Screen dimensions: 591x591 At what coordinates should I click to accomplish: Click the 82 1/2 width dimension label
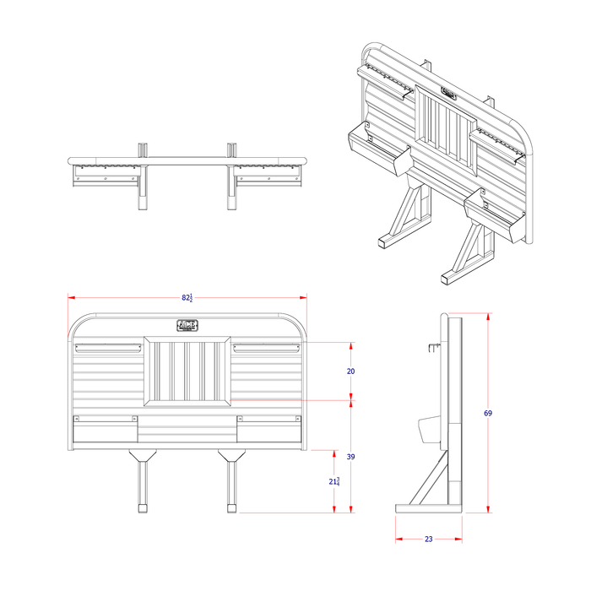point(187,298)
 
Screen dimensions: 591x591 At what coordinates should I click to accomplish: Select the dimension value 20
point(350,371)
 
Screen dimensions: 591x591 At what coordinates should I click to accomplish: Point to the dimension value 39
point(350,456)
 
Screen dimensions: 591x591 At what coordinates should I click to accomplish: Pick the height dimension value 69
point(487,413)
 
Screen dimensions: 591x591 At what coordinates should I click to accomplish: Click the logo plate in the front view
point(187,326)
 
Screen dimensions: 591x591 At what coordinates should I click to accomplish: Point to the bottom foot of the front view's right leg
point(231,508)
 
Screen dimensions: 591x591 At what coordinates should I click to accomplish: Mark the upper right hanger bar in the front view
point(267,348)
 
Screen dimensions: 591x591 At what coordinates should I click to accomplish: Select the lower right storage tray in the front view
point(268,430)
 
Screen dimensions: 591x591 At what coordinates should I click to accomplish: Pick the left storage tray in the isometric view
point(379,150)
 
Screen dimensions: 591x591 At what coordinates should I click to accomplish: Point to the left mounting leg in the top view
point(143,186)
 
